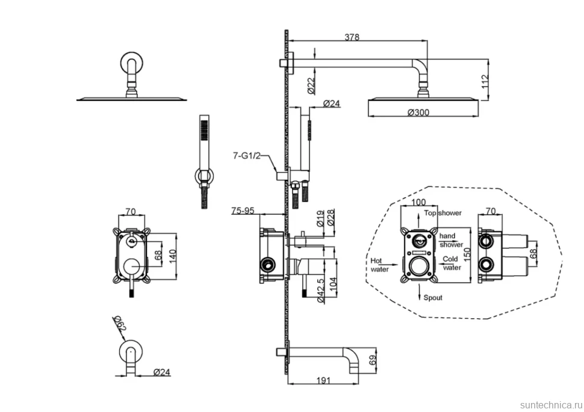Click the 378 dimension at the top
pyautogui.click(x=352, y=37)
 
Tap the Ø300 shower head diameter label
pyautogui.click(x=418, y=112)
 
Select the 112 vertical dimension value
pyautogui.click(x=485, y=82)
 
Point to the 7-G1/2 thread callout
pyautogui.click(x=247, y=156)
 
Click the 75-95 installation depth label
pyautogui.click(x=243, y=211)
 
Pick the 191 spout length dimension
pyautogui.click(x=323, y=381)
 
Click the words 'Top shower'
pyautogui.click(x=443, y=213)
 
